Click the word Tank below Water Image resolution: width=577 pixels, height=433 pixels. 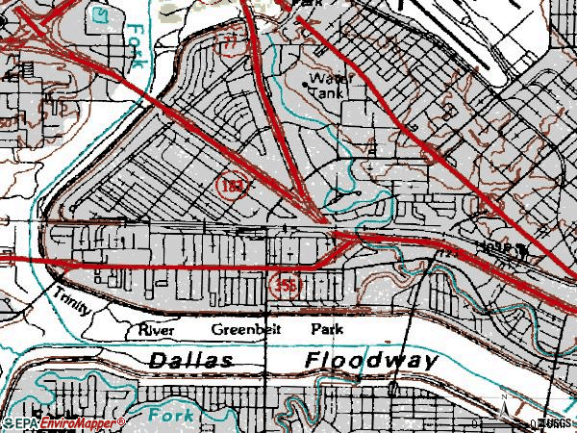(325, 94)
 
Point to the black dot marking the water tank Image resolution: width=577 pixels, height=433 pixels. (306, 86)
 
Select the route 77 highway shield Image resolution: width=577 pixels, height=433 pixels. (229, 40)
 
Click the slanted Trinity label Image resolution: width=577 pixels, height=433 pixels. (75, 300)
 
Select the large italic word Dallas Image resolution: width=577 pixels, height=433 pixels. (191, 360)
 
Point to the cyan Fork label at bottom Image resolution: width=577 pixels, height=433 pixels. (174, 415)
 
